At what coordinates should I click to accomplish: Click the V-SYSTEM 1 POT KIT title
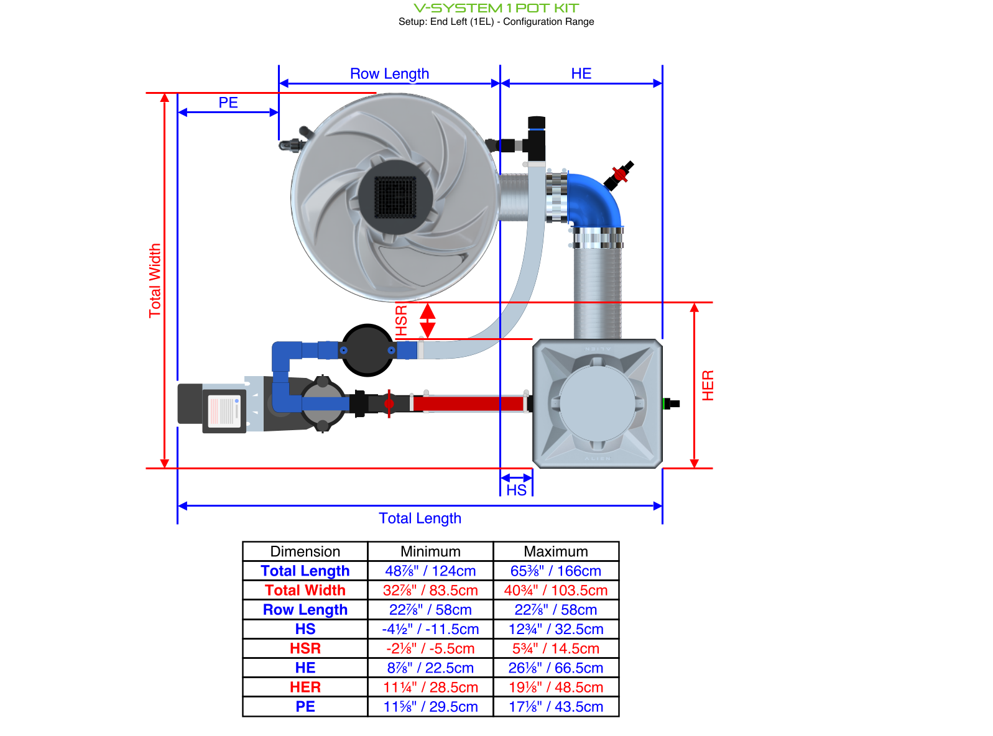click(x=496, y=8)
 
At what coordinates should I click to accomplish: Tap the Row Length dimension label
click(x=389, y=74)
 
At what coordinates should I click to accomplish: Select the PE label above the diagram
click(x=228, y=103)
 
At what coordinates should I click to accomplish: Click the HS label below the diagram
click(x=516, y=490)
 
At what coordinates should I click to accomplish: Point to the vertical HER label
click(x=708, y=385)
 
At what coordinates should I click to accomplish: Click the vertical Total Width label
click(x=155, y=281)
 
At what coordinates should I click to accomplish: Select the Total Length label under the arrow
click(x=420, y=518)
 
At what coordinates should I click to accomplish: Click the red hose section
click(x=468, y=404)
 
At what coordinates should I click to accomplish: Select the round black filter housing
click(x=367, y=351)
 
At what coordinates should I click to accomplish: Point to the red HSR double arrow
click(x=427, y=321)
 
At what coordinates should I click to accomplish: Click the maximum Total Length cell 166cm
click(x=556, y=571)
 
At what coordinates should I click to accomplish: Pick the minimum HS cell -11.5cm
click(x=430, y=629)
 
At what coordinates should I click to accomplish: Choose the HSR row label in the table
click(x=305, y=648)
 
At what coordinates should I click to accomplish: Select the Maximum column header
click(x=556, y=551)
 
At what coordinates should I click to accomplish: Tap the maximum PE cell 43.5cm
click(x=556, y=707)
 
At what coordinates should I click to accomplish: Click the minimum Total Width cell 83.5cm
click(x=430, y=591)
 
